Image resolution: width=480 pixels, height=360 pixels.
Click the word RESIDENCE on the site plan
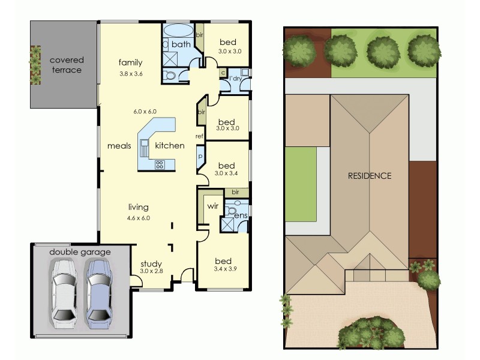370,176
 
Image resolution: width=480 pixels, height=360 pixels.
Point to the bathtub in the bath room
178,31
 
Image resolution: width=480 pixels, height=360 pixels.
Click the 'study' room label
151,263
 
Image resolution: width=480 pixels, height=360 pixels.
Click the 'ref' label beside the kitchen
200,136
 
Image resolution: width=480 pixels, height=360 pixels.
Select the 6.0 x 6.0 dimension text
145,112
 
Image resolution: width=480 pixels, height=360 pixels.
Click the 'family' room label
130,62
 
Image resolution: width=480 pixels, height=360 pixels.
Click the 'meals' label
119,146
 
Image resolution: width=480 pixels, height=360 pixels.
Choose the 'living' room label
138,208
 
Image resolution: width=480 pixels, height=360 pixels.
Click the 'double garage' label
80,252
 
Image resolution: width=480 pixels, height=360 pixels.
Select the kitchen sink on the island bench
145,146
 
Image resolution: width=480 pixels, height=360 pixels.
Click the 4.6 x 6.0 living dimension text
138,218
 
